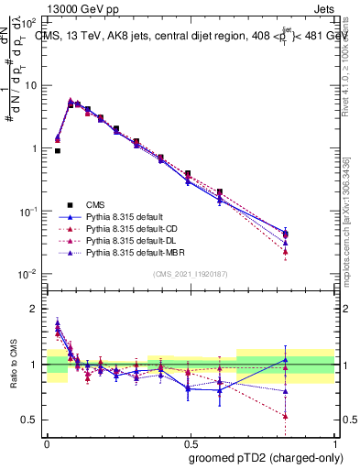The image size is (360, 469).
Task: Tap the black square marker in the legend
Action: [70, 204]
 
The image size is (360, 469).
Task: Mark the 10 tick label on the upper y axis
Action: [30, 85]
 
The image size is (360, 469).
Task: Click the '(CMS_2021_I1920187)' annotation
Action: [191, 275]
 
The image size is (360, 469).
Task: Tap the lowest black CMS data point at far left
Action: [58, 150]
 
